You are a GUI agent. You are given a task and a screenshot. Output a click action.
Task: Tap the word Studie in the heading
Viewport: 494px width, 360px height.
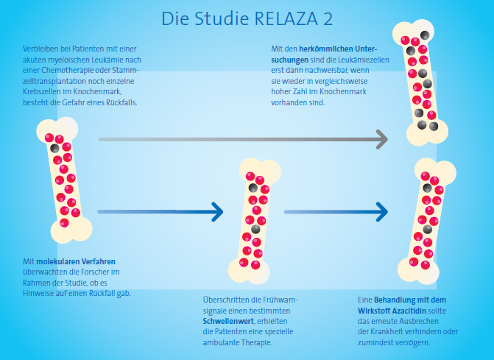click(223, 18)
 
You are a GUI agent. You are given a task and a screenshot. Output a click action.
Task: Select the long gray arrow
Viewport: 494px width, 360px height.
click(243, 138)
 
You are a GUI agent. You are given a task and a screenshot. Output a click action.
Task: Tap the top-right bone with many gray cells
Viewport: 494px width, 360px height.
click(417, 82)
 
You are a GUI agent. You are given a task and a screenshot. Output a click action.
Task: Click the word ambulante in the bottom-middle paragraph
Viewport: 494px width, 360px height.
click(220, 343)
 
